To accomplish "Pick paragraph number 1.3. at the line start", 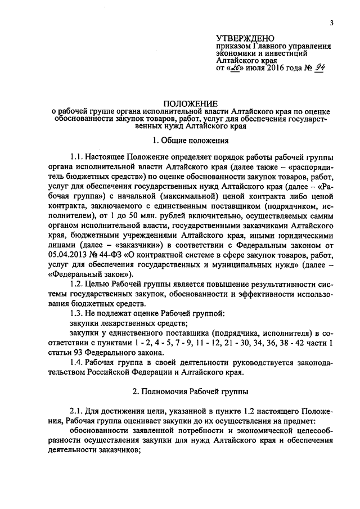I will (x=78, y=312).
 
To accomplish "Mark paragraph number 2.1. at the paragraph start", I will (x=78, y=412).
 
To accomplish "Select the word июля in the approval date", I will (x=251, y=69).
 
